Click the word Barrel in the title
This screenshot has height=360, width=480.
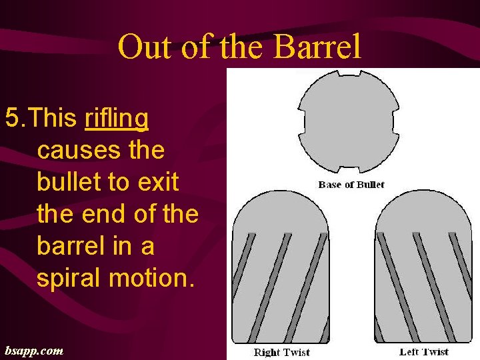tap(317, 47)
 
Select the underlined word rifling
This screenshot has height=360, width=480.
tap(117, 119)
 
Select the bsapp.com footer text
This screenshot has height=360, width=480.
tap(34, 350)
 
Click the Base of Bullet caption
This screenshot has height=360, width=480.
tap(351, 185)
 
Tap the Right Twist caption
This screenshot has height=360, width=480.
tap(282, 352)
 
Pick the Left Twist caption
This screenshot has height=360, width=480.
tap(424, 352)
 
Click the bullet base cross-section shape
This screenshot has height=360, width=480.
tap(348, 121)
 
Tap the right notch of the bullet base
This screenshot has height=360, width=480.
tap(397, 123)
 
